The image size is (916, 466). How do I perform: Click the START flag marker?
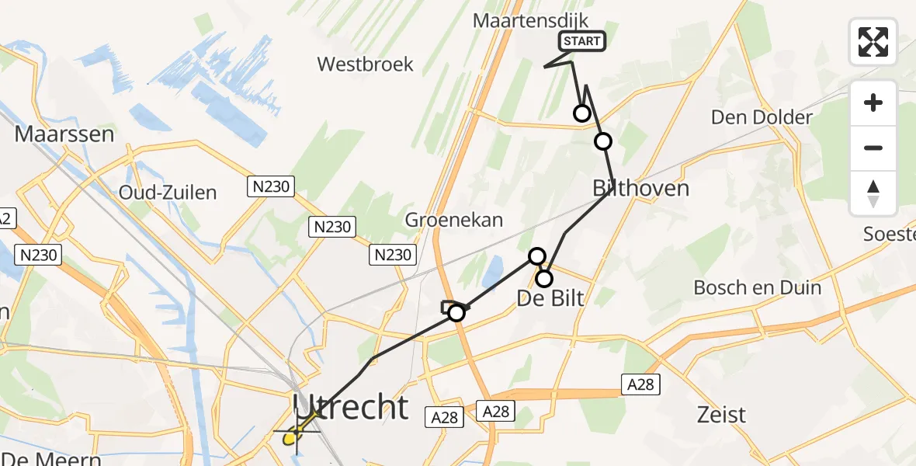581,41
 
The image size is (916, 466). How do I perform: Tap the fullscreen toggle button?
873,42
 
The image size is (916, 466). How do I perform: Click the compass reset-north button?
873,193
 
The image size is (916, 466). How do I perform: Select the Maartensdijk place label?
532,21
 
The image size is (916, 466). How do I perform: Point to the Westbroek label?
366,64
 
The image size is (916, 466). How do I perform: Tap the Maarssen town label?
64,134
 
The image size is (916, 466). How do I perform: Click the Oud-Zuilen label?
168,192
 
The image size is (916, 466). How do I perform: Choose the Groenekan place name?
454,220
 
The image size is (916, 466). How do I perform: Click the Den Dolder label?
762,117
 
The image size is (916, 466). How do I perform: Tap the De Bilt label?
550,297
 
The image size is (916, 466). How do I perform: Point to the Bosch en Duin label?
757,287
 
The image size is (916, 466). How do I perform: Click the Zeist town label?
720,414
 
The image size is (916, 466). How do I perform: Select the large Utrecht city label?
351,406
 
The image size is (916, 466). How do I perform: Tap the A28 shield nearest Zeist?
640,383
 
